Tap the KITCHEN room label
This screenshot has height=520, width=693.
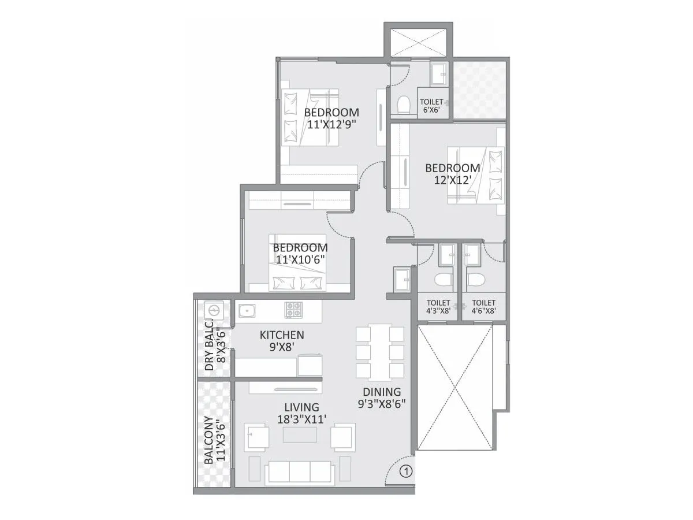pyautogui.click(x=282, y=335)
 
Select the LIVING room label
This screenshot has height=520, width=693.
pyautogui.click(x=297, y=407)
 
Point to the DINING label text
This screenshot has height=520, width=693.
pyautogui.click(x=382, y=392)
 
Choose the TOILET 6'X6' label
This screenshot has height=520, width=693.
pyautogui.click(x=431, y=102)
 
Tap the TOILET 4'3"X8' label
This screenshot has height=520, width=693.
pyautogui.click(x=438, y=302)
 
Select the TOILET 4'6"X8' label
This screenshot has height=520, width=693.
pyautogui.click(x=483, y=302)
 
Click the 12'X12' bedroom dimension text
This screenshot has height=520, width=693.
pyautogui.click(x=453, y=180)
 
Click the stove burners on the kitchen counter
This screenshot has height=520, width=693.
pyautogui.click(x=293, y=310)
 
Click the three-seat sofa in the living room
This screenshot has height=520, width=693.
pyautogui.click(x=299, y=471)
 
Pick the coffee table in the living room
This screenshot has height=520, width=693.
pyautogui.click(x=299, y=434)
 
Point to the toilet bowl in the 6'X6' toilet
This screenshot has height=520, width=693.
pyautogui.click(x=404, y=103)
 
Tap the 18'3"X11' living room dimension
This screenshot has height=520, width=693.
pyautogui.click(x=298, y=419)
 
